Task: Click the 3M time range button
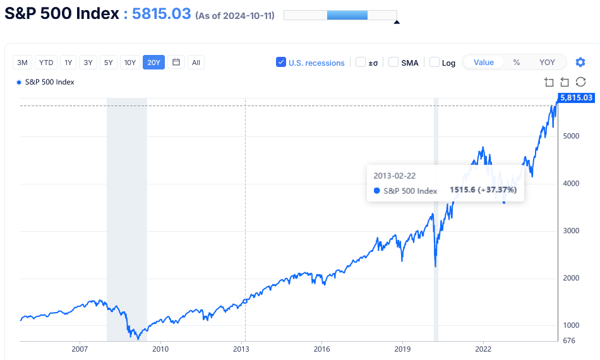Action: [x=23, y=62]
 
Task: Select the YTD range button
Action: [x=46, y=62]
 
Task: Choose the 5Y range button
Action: [x=109, y=62]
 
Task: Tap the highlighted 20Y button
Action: [x=153, y=62]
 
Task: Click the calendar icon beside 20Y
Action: [x=176, y=62]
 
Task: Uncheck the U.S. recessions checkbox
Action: [x=281, y=62]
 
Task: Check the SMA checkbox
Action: [x=393, y=62]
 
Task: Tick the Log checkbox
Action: [x=435, y=62]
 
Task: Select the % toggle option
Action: [x=516, y=62]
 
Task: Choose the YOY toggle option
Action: [x=547, y=62]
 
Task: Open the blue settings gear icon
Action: [x=580, y=62]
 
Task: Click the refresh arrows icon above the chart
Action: [x=580, y=82]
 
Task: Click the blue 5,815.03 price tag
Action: [x=576, y=97]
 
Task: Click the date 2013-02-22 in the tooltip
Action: [x=395, y=176]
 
